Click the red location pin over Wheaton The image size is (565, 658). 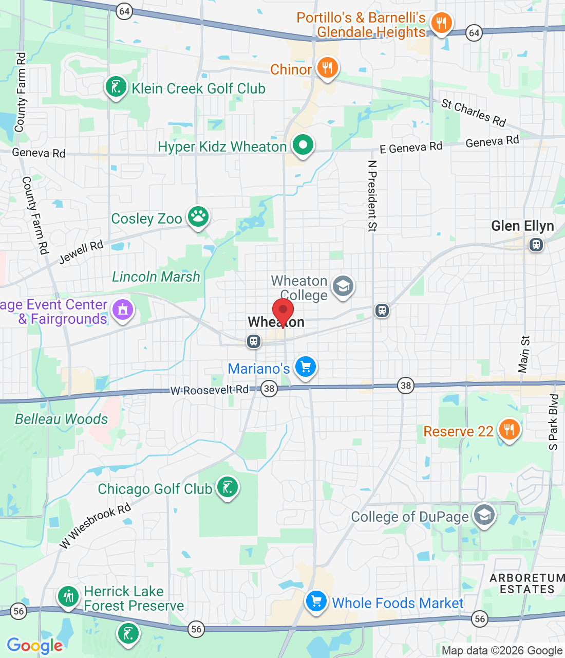tap(282, 311)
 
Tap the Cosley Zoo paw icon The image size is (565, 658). tap(198, 217)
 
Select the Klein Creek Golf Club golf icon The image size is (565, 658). tap(116, 87)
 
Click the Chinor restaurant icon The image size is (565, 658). tap(327, 67)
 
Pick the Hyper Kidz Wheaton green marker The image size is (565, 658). tap(303, 145)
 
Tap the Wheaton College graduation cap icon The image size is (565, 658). tap(343, 286)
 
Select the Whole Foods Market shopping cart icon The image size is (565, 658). tap(316, 601)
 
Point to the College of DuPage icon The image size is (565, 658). tap(484, 515)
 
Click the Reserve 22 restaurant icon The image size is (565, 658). tap(509, 429)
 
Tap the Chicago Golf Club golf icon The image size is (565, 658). tap(227, 487)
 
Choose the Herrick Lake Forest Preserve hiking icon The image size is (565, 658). tap(68, 597)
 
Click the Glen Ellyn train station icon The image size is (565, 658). tap(536, 245)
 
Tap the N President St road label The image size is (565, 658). tap(372, 196)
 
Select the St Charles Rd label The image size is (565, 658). tap(474, 113)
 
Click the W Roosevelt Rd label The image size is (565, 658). tap(210, 390)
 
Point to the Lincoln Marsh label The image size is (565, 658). tap(156, 277)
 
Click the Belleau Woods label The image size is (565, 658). tap(62, 419)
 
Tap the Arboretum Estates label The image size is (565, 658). tap(527, 583)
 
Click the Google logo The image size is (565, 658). tap(35, 646)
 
